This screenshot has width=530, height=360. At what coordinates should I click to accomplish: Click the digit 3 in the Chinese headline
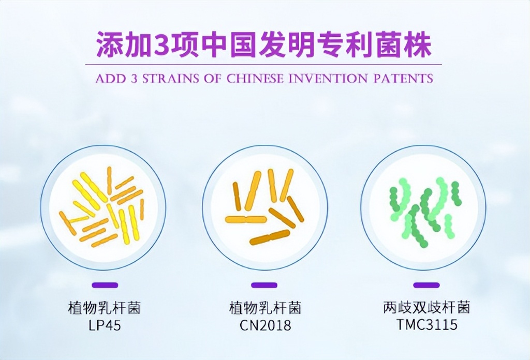click(x=164, y=45)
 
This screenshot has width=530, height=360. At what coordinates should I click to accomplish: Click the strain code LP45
click(x=104, y=325)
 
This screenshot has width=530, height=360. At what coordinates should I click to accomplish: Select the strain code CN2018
click(x=266, y=325)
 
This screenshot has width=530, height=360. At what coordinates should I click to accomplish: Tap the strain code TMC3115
click(x=427, y=324)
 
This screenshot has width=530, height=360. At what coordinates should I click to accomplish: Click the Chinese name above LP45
click(x=104, y=308)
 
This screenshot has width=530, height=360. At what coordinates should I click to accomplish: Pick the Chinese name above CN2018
click(x=266, y=308)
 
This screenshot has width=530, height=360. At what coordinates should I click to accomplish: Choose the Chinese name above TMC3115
click(x=426, y=307)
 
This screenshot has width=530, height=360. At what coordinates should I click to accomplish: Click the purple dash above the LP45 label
click(x=105, y=286)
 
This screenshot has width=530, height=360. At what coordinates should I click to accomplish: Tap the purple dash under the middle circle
click(x=264, y=286)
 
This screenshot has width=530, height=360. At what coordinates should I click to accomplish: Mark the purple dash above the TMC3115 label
click(x=426, y=286)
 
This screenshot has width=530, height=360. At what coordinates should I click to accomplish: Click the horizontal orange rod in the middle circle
click(x=246, y=220)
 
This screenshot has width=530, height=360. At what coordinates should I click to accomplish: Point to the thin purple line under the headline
click(x=263, y=64)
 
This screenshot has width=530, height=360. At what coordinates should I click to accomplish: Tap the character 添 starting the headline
click(x=110, y=45)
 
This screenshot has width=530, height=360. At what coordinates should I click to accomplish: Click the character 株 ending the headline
click(x=418, y=45)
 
